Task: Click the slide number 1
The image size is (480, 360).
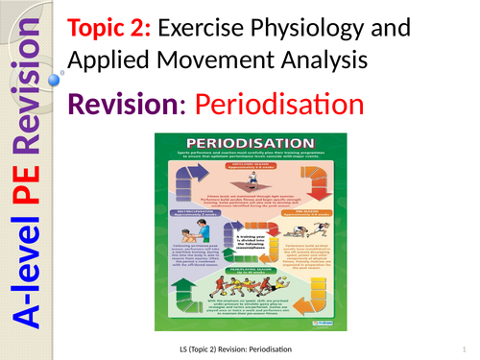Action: tap(462, 346)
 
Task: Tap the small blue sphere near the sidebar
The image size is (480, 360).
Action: tap(62, 73)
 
